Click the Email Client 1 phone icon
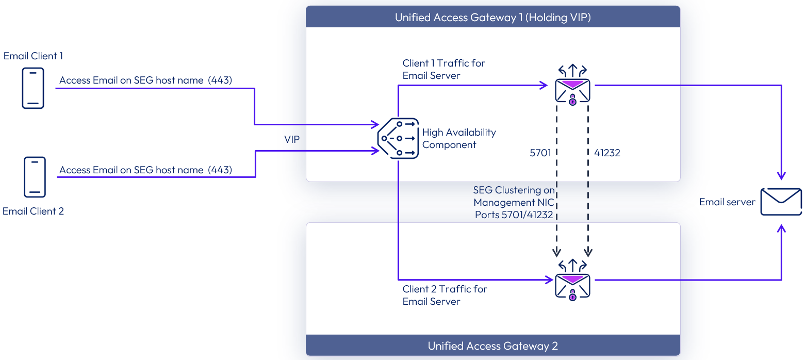point(33,88)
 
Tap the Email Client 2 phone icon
point(35,177)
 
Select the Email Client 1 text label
point(33,56)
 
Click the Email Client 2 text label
point(33,211)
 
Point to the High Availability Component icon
point(398,138)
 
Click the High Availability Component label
point(458,138)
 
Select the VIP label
point(291,140)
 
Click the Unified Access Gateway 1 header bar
point(492,17)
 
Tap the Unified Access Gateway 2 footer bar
point(492,346)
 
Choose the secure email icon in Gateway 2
point(572,281)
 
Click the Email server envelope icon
point(781,202)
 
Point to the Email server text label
point(727,202)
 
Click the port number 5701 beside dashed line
point(540,153)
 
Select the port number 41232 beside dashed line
point(607,153)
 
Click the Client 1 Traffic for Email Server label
point(443,69)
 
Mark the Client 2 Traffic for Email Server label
point(445,295)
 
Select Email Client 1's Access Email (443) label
point(145,80)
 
